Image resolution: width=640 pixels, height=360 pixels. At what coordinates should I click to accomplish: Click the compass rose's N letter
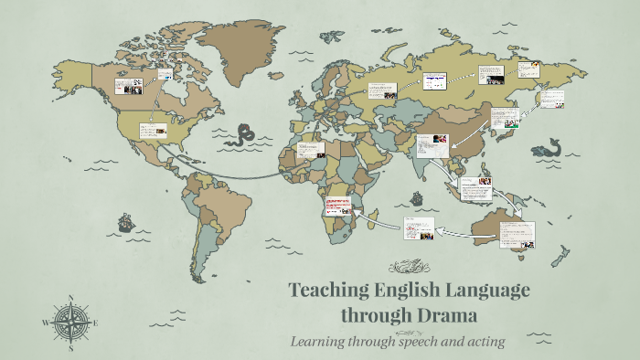(x=71, y=298)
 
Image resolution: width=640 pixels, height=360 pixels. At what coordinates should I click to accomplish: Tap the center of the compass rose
(x=71, y=323)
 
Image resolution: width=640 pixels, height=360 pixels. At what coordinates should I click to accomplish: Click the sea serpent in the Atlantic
(x=244, y=137)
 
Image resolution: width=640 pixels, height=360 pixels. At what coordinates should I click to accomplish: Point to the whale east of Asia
(x=549, y=148)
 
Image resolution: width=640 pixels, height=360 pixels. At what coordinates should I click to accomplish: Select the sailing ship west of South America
(x=124, y=222)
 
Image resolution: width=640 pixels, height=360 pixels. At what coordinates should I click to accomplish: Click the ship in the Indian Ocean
(x=416, y=197)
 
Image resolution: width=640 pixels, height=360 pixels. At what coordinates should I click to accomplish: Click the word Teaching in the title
(x=329, y=291)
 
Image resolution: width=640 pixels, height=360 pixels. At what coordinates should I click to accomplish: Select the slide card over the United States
(x=153, y=131)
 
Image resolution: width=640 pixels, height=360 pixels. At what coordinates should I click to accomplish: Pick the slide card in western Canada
(x=128, y=86)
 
